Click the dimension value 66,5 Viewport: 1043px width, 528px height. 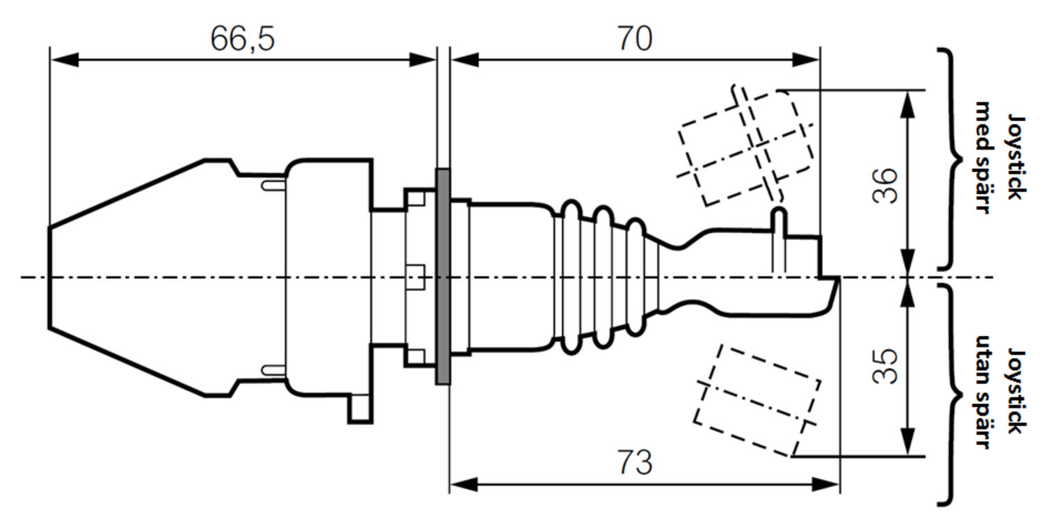(243, 40)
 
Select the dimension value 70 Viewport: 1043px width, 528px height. (635, 40)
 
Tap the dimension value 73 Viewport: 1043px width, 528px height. (635, 463)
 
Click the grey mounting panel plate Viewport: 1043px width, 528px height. (442, 276)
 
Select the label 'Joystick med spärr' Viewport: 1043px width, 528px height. (998, 158)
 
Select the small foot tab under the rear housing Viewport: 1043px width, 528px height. (360, 409)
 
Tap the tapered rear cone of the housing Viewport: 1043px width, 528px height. (125, 276)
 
